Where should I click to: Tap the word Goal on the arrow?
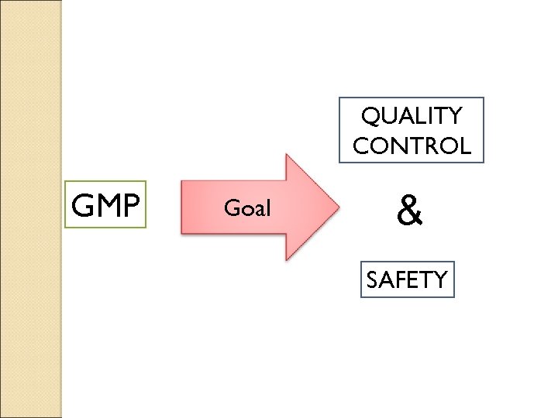(246, 207)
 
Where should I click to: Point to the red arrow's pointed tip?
(338, 207)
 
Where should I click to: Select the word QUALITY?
(412, 116)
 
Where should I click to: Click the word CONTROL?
(412, 146)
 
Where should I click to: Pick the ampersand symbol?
(410, 211)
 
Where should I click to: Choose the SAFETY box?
(408, 279)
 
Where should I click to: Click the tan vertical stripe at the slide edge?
(30, 209)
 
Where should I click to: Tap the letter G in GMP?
(82, 205)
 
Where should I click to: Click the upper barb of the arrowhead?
(288, 158)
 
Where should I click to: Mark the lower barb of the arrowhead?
(288, 255)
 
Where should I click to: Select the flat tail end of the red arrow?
(182, 207)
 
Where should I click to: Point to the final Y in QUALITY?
(453, 116)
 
